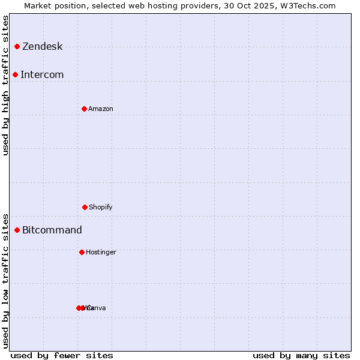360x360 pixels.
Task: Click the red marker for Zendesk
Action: click(x=17, y=46)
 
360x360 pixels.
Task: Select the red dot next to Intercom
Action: click(x=16, y=74)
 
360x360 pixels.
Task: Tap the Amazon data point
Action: click(x=85, y=109)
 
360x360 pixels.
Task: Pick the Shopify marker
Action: click(x=85, y=207)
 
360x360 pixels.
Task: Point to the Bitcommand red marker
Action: click(x=17, y=230)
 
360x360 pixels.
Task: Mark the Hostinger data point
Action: click(x=82, y=252)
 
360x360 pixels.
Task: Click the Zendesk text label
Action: click(x=43, y=47)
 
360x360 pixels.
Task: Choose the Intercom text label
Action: click(x=42, y=75)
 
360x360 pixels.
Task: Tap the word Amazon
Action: click(x=101, y=109)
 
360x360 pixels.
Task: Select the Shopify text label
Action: click(x=101, y=208)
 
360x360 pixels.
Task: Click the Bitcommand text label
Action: click(x=52, y=230)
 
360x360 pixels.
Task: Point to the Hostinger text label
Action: click(x=101, y=253)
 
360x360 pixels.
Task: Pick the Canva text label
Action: click(x=97, y=308)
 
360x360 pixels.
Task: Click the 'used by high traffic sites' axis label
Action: click(x=6, y=85)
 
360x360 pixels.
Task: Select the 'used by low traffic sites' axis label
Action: click(x=6, y=280)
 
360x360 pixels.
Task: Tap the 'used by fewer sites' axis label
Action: click(x=62, y=355)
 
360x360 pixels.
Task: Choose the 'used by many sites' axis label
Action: click(x=301, y=355)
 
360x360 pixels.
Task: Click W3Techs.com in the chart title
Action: click(x=307, y=5)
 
